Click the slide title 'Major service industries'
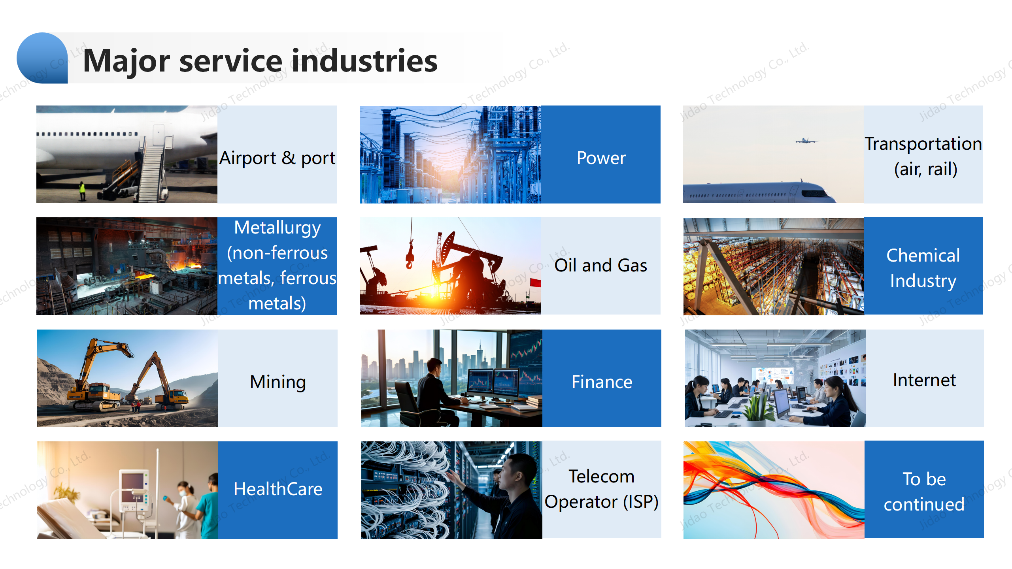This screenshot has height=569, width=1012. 261,61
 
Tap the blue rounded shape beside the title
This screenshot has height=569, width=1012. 42,58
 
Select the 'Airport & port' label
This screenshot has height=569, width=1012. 277,158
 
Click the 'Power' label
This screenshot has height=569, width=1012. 601,158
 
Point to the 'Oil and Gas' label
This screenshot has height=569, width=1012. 601,265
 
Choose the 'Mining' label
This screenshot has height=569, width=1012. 278,382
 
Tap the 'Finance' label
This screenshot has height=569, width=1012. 602,382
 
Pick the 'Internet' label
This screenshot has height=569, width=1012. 924,380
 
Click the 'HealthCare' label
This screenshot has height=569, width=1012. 278,489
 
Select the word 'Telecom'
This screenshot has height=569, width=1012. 601,477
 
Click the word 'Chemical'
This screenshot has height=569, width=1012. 923,255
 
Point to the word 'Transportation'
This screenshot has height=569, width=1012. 923,144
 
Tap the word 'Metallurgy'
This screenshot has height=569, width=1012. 277,228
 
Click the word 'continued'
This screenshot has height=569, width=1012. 924,505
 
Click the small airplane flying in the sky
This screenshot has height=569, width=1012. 806,140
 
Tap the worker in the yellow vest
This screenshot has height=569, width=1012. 82,190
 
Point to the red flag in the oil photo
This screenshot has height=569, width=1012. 535,283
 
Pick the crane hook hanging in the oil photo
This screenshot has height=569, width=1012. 410,254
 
